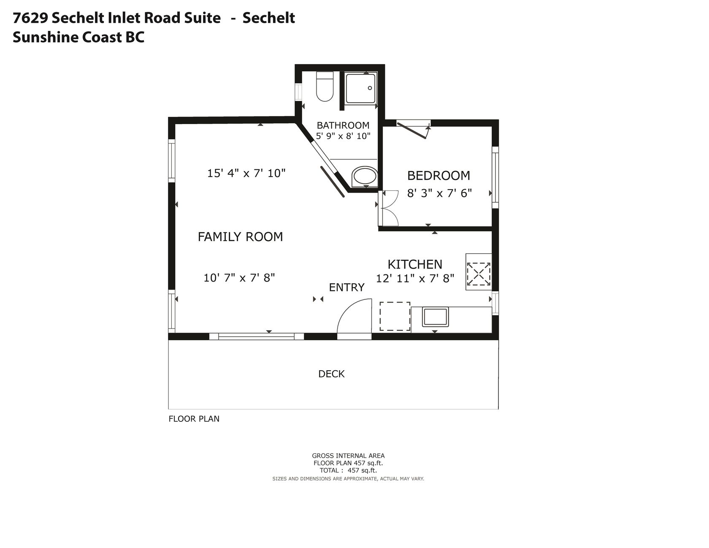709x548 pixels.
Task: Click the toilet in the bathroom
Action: pyautogui.click(x=325, y=87)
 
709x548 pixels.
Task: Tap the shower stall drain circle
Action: pyautogui.click(x=370, y=88)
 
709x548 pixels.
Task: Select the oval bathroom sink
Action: pyautogui.click(x=365, y=176)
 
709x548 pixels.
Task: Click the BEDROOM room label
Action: pyautogui.click(x=438, y=175)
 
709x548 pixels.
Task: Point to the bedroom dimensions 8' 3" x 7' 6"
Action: pyautogui.click(x=439, y=193)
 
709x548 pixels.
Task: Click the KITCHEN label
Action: pyautogui.click(x=415, y=264)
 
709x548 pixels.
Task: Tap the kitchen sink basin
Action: pyautogui.click(x=435, y=317)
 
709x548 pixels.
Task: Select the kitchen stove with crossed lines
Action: pyautogui.click(x=479, y=271)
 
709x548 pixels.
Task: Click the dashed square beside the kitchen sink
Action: pyautogui.click(x=395, y=316)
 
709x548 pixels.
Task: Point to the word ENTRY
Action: pyautogui.click(x=346, y=288)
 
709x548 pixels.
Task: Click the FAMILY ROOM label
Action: pyautogui.click(x=240, y=237)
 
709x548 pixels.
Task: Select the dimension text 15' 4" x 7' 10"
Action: pyautogui.click(x=246, y=173)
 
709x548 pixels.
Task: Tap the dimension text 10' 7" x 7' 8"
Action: pyautogui.click(x=239, y=278)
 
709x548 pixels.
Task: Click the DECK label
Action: pyautogui.click(x=331, y=374)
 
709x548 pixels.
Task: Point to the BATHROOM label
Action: pyautogui.click(x=343, y=125)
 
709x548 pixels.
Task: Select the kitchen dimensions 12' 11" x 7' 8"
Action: pyautogui.click(x=415, y=278)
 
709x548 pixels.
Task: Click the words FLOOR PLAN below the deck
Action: pyautogui.click(x=194, y=419)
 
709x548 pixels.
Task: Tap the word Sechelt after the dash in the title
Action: pyautogui.click(x=268, y=18)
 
